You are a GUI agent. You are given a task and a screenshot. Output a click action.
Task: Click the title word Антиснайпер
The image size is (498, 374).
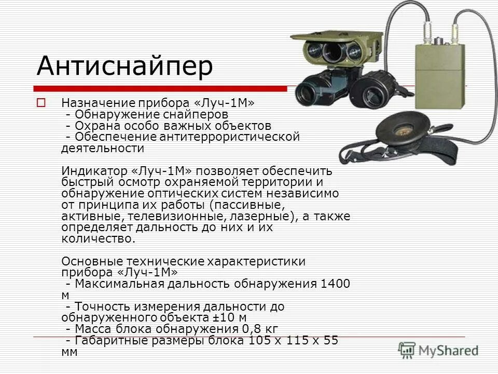point(125,66)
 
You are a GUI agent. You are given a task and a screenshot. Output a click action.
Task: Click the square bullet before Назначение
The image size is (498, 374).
point(41,102)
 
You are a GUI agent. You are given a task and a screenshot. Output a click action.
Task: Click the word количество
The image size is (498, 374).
point(98,239)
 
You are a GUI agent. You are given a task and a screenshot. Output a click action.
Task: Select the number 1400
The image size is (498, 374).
point(336,284)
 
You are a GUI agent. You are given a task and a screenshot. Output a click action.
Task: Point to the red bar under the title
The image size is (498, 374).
point(160,88)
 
